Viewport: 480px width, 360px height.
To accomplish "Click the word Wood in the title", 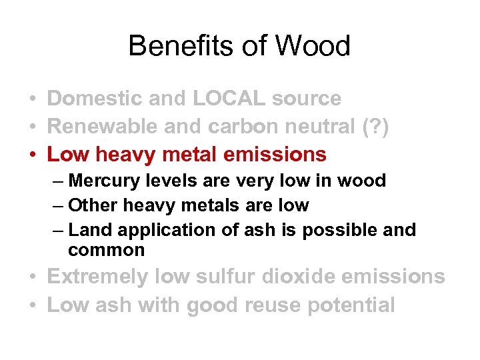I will click(x=312, y=46).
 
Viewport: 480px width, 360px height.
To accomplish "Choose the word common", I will click(x=106, y=250).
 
